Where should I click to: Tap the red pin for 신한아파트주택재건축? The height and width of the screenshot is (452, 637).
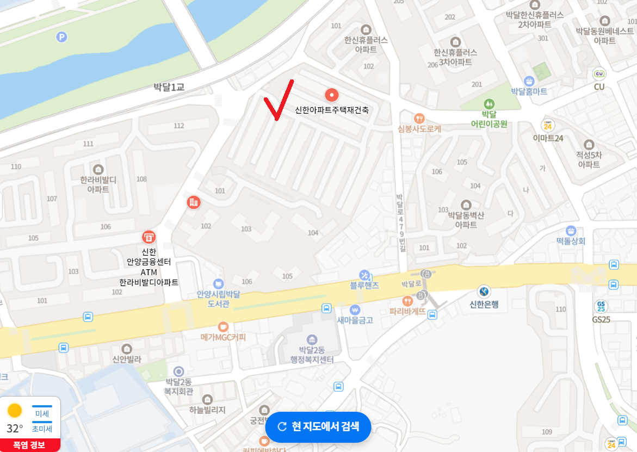point(332,95)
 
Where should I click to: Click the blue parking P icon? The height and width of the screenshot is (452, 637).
point(62,36)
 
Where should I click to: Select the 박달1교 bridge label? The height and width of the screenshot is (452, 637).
point(169,86)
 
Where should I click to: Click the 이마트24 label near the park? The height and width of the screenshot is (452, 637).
point(548,138)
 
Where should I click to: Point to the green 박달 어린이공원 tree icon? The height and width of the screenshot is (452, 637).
point(489,103)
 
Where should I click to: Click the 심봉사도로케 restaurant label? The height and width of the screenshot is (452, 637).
point(419,129)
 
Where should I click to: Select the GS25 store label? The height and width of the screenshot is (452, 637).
point(601,319)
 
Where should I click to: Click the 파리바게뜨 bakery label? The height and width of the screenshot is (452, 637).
point(407,312)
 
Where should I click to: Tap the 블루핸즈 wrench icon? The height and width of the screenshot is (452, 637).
point(364,275)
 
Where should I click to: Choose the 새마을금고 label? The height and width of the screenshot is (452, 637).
point(355,320)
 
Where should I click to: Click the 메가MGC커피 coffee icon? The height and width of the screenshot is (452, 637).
point(222,326)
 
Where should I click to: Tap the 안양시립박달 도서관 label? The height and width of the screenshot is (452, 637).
point(218,299)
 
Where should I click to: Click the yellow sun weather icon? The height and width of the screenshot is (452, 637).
point(15,410)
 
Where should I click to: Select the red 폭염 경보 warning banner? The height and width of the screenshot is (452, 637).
point(29,445)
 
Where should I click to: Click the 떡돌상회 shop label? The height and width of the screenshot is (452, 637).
point(571,241)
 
